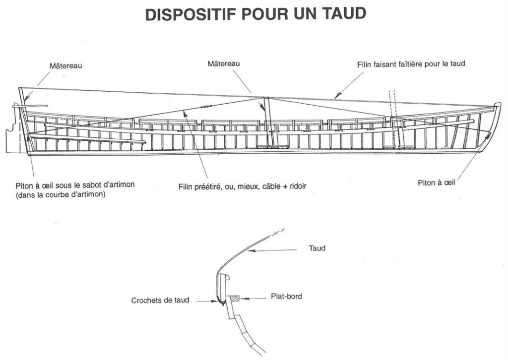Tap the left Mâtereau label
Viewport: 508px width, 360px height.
tap(65, 65)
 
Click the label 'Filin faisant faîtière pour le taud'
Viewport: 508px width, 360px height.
tap(411, 64)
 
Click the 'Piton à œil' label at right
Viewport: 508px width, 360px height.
tap(437, 183)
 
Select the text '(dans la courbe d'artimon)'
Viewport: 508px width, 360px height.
tap(61, 194)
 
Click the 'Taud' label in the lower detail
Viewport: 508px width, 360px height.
tap(317, 248)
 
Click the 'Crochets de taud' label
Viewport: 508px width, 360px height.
tap(160, 300)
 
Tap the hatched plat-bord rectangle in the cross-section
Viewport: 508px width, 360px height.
tap(234, 298)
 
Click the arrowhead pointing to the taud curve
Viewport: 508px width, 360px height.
tap(251, 252)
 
